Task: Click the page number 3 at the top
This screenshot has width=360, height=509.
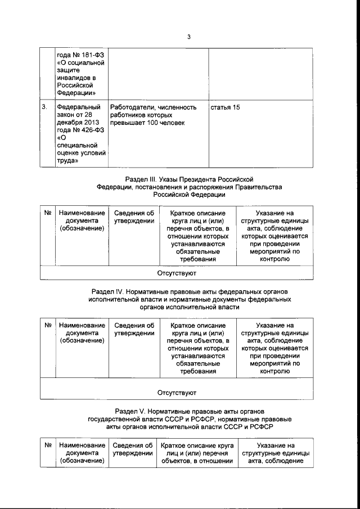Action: pyautogui.click(x=189, y=38)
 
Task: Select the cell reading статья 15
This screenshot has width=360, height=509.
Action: pyautogui.click(x=224, y=107)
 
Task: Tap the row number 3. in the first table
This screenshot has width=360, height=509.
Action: pyautogui.click(x=45, y=107)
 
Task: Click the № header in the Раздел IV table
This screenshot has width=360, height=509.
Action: pyautogui.click(x=48, y=325)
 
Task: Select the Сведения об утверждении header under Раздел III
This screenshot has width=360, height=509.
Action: pyautogui.click(x=134, y=217)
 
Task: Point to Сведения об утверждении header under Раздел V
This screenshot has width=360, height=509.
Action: pyautogui.click(x=133, y=449)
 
